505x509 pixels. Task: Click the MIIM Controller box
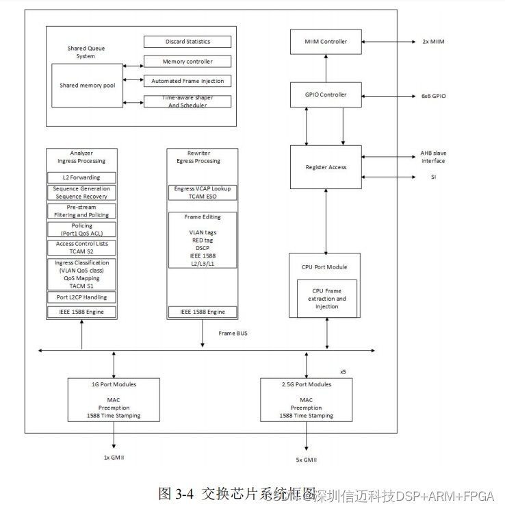point(326,42)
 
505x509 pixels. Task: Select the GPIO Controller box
point(326,95)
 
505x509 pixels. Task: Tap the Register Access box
point(326,166)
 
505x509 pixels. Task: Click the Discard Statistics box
point(187,42)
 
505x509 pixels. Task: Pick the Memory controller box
point(187,62)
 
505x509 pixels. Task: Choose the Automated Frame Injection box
point(187,82)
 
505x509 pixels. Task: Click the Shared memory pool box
point(87,86)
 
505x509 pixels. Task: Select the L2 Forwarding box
point(81,177)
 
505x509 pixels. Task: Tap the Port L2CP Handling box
point(81,297)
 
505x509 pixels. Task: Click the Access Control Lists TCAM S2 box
point(81,248)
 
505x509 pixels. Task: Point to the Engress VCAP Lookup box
point(203,192)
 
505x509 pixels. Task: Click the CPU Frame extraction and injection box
point(327,299)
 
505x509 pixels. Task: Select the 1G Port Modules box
point(114,400)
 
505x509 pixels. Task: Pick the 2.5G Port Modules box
point(306,400)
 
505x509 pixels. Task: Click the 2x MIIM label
point(433,42)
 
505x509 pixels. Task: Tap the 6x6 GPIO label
point(433,96)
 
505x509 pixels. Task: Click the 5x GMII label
point(306,460)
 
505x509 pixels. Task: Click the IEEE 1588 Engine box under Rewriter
point(203,312)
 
